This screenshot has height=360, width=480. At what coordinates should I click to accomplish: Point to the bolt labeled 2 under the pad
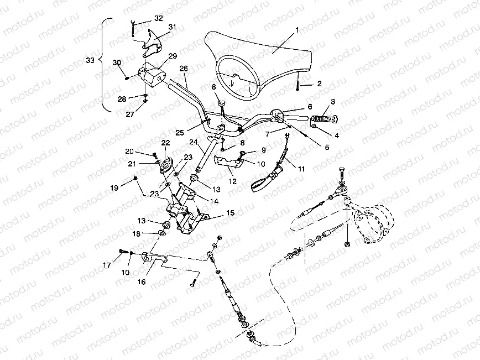[298, 85]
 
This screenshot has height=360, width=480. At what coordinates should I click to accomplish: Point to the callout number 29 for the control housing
[172, 56]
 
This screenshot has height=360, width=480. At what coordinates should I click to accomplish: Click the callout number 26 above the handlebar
[184, 69]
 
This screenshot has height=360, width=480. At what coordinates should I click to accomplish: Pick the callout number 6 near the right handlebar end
[309, 106]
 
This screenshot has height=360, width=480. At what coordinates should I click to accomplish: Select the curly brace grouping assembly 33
[103, 64]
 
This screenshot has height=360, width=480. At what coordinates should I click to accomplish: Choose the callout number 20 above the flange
[129, 151]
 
